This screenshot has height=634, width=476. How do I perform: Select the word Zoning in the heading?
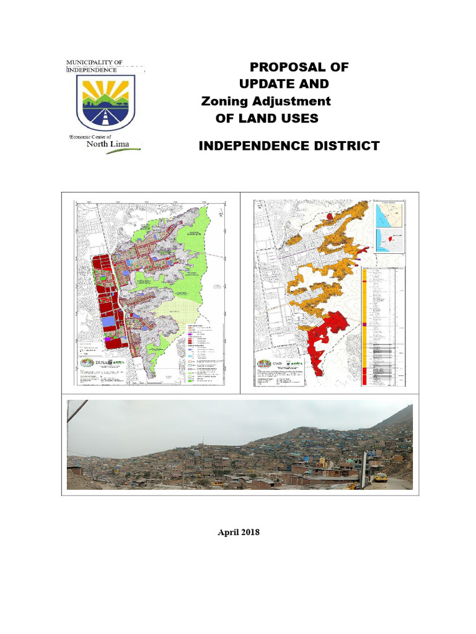pyautogui.click(x=225, y=101)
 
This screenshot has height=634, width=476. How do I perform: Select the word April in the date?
pyautogui.click(x=227, y=532)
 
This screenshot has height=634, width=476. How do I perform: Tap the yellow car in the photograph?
pyautogui.click(x=381, y=477)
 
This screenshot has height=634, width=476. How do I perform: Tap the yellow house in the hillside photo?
pyautogui.click(x=321, y=462)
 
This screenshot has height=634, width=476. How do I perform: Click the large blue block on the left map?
pyautogui.click(x=109, y=322)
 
